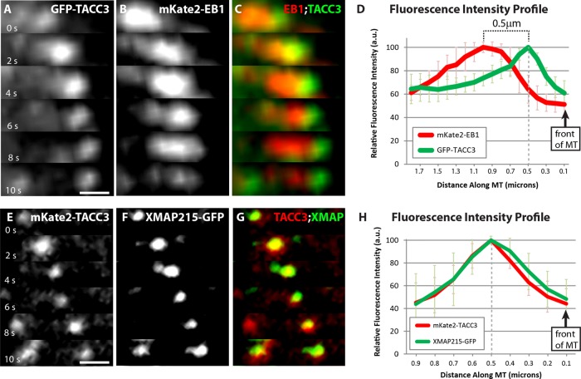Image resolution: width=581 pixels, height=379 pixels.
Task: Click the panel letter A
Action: pos(9,11)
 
